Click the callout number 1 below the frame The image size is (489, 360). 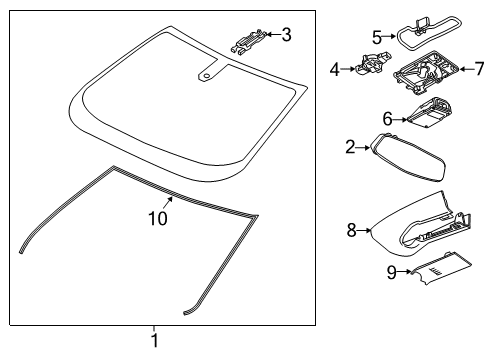point(154,342)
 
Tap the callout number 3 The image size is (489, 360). point(286,36)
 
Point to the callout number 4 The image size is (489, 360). point(334,69)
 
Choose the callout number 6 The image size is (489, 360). point(387,118)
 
